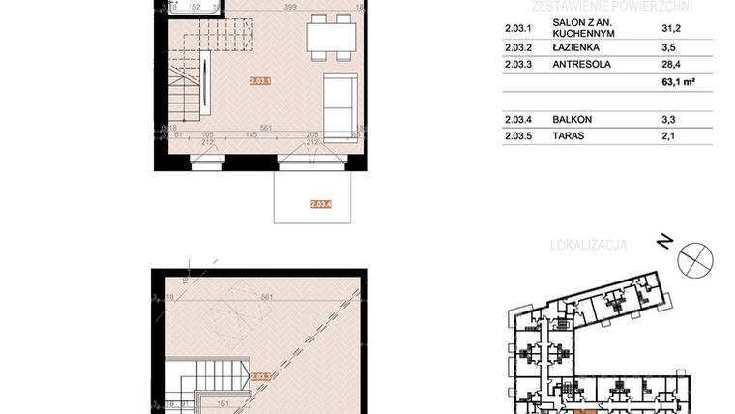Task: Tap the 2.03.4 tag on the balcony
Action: (x=321, y=204)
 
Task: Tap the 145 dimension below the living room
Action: (x=239, y=136)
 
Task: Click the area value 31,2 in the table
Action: (x=669, y=29)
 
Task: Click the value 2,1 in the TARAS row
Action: (x=669, y=137)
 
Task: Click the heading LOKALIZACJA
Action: (x=588, y=245)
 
